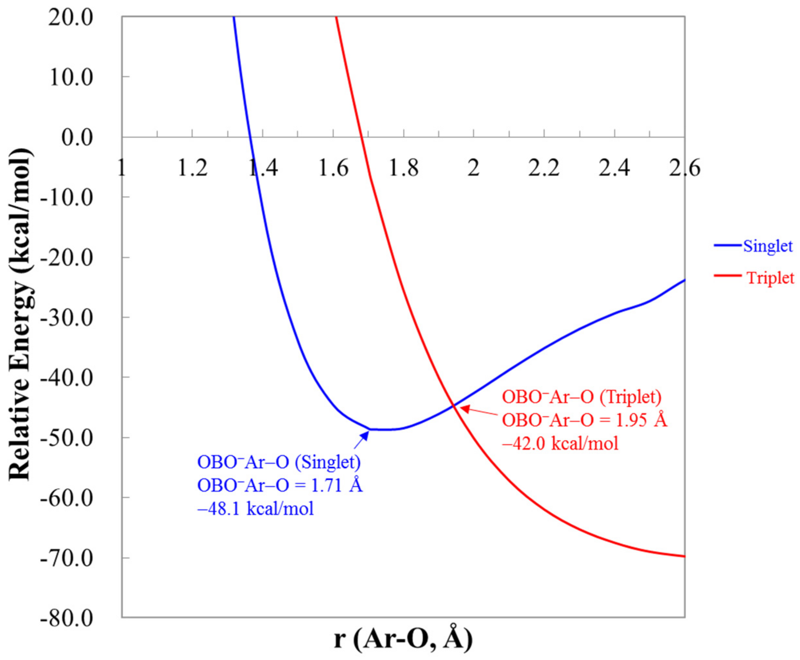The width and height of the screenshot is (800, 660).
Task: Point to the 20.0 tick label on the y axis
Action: coord(71,18)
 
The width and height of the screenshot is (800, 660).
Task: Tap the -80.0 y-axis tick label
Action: coord(67,618)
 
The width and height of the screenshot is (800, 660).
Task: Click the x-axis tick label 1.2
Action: coord(193,168)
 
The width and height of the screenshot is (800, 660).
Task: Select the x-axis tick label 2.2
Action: coord(544,168)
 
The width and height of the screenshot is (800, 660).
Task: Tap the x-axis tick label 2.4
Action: coord(614,168)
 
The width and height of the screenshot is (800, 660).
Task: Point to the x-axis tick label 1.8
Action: coord(404,168)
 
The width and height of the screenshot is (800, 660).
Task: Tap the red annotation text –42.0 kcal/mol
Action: coord(560,443)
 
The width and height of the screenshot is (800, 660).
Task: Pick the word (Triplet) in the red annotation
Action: coord(631,397)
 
